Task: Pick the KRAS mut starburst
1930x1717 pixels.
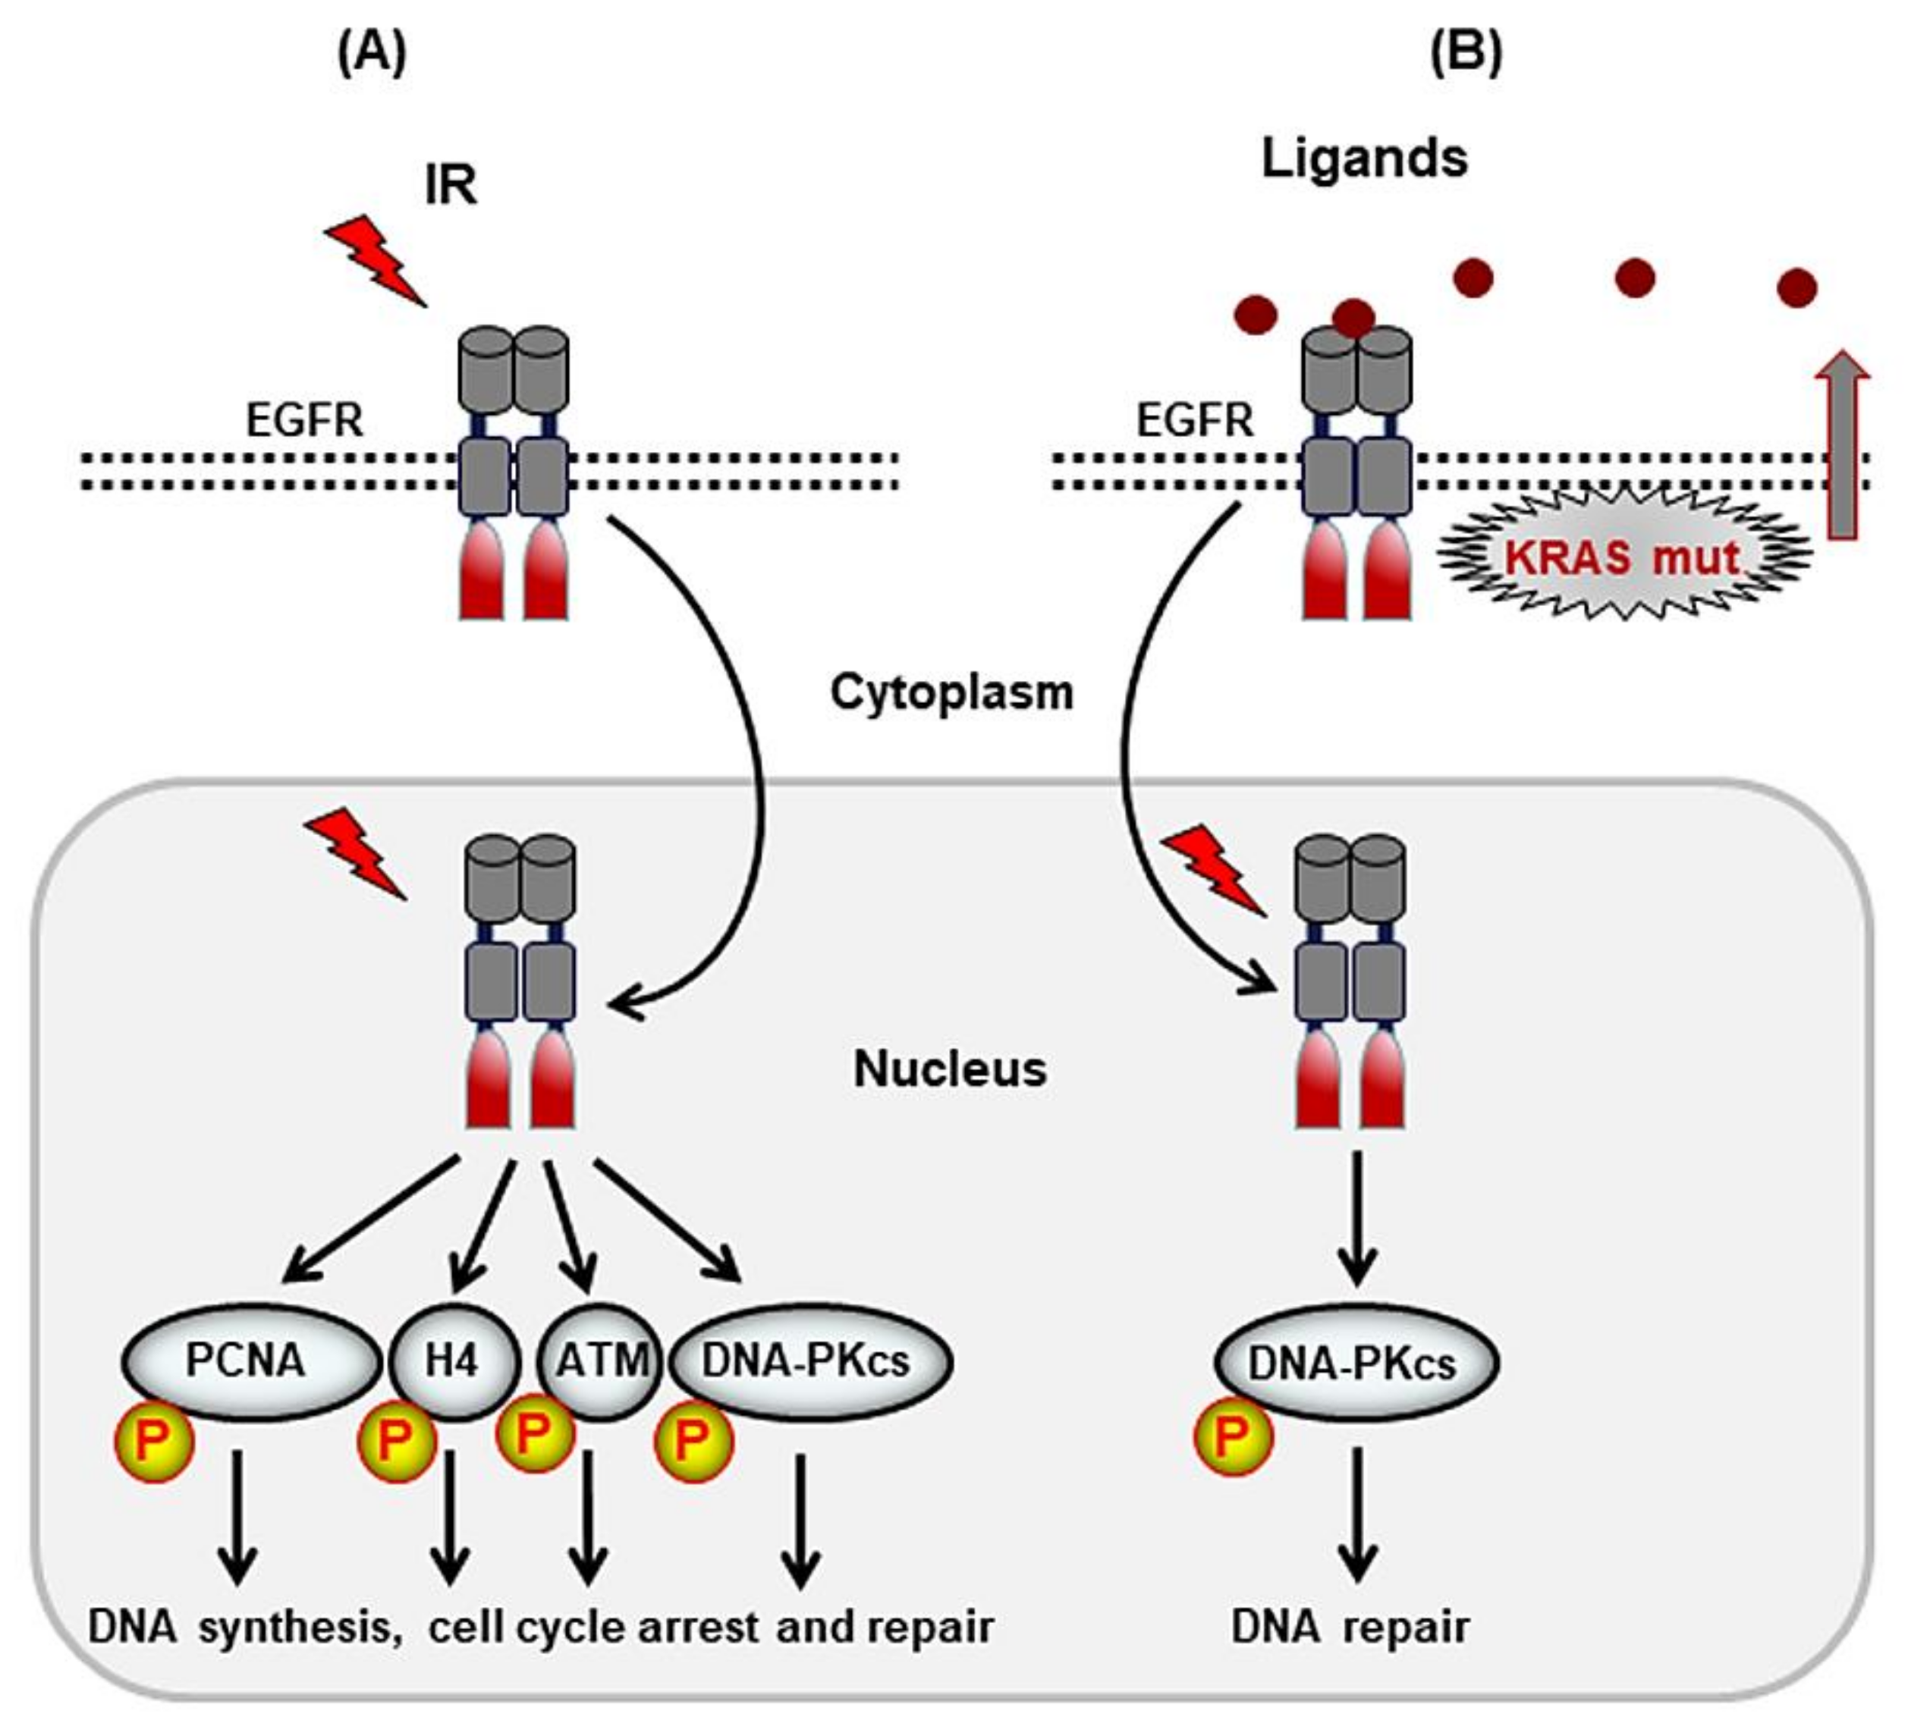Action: (x=1622, y=556)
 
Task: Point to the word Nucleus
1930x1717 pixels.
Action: (x=950, y=1069)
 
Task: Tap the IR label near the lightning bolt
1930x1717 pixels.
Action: (x=451, y=186)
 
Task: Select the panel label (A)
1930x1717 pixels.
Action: (x=372, y=54)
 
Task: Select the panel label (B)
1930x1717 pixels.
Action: (x=1466, y=54)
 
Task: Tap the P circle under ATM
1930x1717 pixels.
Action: (x=534, y=1432)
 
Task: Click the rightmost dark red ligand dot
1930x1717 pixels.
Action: (x=1796, y=288)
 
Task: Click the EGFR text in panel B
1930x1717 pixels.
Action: (x=1194, y=420)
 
